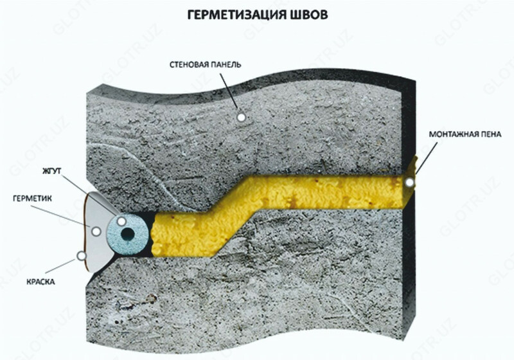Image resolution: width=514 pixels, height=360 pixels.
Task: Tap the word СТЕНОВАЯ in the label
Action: coord(189,64)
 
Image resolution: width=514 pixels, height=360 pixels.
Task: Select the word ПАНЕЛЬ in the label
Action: coord(226,64)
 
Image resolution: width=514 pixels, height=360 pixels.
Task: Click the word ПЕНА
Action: coord(491,134)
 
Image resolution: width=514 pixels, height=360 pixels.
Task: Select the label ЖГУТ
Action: coord(52,171)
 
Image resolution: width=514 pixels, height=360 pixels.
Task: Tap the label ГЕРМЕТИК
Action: coord(33,199)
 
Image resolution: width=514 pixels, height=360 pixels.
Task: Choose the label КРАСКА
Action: coord(40,282)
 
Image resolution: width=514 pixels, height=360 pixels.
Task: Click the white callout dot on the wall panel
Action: coord(242,117)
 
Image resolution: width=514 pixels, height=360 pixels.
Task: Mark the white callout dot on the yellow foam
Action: coord(409,183)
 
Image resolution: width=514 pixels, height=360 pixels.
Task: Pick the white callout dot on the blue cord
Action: coord(121,221)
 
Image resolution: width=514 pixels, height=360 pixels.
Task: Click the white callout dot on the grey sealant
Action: coord(96,231)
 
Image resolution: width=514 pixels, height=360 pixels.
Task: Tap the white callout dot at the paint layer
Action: coord(81,256)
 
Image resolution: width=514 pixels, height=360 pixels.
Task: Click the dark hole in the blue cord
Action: coord(127,234)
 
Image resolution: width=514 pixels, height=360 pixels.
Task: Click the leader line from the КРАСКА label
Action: coord(60,266)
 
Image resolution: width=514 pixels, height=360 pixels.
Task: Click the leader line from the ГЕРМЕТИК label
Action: coord(61,216)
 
